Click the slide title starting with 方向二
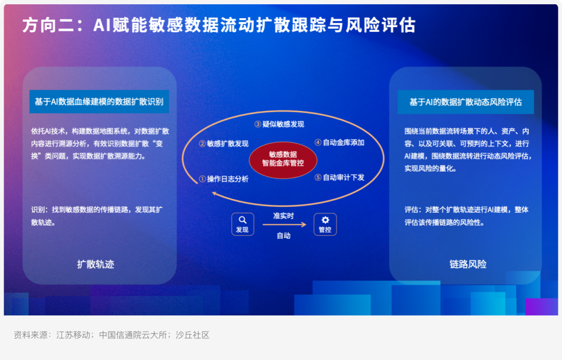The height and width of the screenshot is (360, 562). pyautogui.click(x=219, y=25)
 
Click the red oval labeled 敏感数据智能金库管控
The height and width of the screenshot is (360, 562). pyautogui.click(x=283, y=159)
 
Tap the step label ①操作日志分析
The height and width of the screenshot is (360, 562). pyautogui.click(x=224, y=179)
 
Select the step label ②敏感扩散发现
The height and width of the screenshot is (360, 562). pyautogui.click(x=224, y=144)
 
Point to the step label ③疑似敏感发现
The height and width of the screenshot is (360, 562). pyautogui.click(x=279, y=124)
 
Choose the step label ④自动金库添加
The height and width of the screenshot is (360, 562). pyautogui.click(x=339, y=143)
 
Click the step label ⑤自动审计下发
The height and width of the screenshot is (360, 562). pyautogui.click(x=339, y=177)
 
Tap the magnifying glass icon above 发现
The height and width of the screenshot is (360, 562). pyautogui.click(x=242, y=220)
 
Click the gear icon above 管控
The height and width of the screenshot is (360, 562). pyautogui.click(x=325, y=220)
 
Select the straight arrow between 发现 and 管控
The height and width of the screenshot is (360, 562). pyautogui.click(x=285, y=225)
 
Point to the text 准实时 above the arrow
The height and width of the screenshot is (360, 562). pyautogui.click(x=284, y=216)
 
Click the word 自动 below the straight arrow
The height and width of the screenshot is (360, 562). pyautogui.click(x=284, y=235)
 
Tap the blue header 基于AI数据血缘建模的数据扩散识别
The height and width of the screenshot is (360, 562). pyautogui.click(x=99, y=102)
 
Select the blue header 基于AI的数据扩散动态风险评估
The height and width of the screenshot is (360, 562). pyautogui.click(x=466, y=102)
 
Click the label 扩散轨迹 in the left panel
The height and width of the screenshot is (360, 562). pyautogui.click(x=96, y=264)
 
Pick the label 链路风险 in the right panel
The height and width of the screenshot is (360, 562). pyautogui.click(x=468, y=264)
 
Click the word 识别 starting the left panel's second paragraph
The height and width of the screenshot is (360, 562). pyautogui.click(x=38, y=210)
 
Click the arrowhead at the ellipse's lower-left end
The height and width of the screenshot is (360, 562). pyautogui.click(x=214, y=194)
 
